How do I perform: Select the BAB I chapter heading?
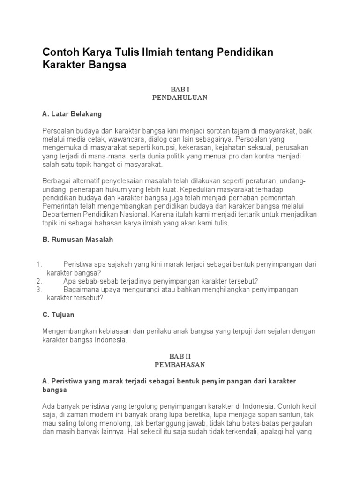[180, 89]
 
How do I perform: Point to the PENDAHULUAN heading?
[180, 97]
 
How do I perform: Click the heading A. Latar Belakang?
[72, 114]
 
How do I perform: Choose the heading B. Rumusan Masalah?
[77, 240]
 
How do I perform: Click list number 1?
[39, 264]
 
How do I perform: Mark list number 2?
[39, 281]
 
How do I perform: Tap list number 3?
[39, 290]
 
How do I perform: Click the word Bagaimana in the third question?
[79, 290]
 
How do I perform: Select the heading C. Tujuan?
[58, 315]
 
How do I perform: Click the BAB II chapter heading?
[180, 356]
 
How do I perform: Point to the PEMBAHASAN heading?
[180, 364]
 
